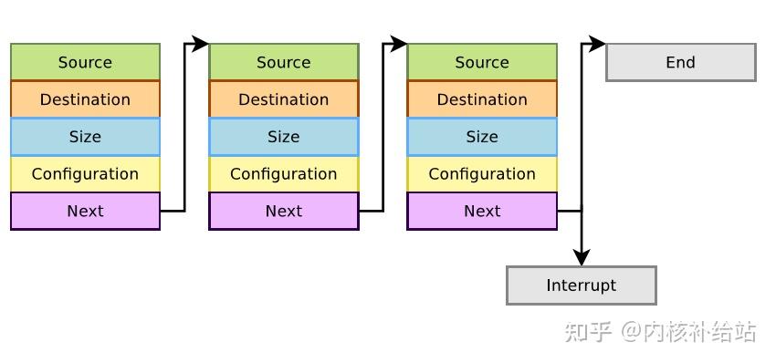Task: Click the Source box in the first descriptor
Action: [85, 62]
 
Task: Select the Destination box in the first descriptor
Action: [85, 99]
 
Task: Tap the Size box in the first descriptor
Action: [85, 137]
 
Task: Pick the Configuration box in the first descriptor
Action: [85, 174]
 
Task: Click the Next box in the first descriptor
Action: [85, 211]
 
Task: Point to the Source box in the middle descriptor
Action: [284, 62]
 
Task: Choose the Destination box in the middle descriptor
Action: [284, 99]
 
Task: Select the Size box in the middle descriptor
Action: [284, 137]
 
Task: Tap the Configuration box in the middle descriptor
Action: [284, 174]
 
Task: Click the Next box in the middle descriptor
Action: [284, 211]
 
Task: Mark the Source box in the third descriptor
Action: [482, 62]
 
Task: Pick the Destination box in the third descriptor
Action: [482, 99]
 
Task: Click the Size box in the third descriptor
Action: [482, 137]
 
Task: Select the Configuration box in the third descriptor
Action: [482, 174]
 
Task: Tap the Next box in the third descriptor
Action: [482, 211]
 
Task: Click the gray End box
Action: [681, 62]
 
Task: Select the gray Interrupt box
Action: [582, 285]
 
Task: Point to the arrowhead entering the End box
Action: [597, 43]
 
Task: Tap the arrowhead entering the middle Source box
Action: [200, 43]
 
